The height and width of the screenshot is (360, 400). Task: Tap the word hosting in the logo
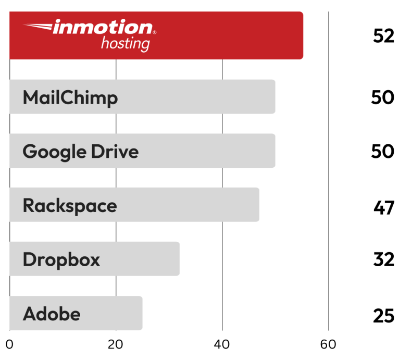tap(125, 43)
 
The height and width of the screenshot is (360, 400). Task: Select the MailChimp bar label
tap(70, 97)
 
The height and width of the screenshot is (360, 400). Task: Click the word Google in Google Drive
tap(54, 152)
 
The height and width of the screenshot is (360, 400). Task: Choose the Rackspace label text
tap(70, 206)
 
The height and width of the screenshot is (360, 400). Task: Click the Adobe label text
tap(52, 314)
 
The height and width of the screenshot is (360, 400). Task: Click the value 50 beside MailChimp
tap(383, 97)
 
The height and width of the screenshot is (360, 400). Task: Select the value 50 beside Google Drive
tap(383, 152)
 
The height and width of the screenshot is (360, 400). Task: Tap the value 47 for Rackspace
tap(384, 207)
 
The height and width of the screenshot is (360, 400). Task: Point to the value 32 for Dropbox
tap(384, 259)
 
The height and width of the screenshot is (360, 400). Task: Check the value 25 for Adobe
tap(384, 315)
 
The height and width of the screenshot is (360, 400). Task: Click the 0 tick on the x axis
tap(9, 344)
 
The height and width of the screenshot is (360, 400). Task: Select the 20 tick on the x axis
tap(116, 344)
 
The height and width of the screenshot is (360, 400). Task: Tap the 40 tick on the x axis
tap(222, 344)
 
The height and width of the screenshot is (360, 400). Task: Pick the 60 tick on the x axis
tap(328, 344)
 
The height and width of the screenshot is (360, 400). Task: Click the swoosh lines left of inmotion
tap(39, 26)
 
